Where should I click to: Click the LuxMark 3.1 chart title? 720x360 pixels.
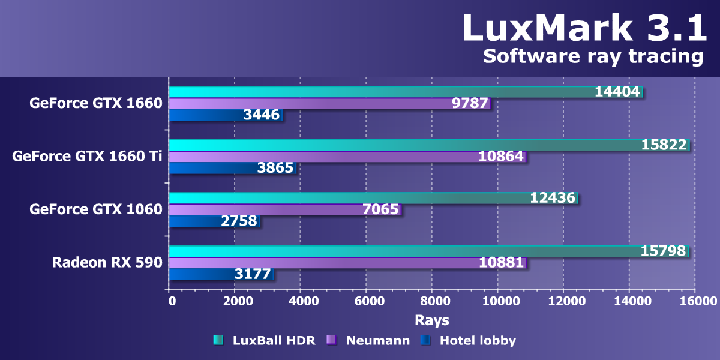(x=585, y=28)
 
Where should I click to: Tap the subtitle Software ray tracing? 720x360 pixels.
(x=593, y=56)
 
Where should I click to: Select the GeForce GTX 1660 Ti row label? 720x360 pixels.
(x=87, y=156)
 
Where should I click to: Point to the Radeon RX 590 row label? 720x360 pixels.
(x=107, y=262)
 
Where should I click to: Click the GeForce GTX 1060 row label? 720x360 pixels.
(x=96, y=209)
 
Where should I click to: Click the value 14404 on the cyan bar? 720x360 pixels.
(x=617, y=91)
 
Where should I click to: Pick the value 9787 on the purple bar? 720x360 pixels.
(x=469, y=103)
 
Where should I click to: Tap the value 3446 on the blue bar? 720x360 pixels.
(x=262, y=115)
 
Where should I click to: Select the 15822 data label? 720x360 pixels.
(x=664, y=145)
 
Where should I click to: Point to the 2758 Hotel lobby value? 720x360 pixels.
(x=239, y=221)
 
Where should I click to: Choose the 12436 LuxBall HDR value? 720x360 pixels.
(x=553, y=197)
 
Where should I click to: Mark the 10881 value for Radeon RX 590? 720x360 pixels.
(x=502, y=263)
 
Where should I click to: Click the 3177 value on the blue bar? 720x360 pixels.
(x=253, y=274)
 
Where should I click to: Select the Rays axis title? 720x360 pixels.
(x=431, y=320)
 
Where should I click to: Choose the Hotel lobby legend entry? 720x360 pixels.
(x=478, y=341)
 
